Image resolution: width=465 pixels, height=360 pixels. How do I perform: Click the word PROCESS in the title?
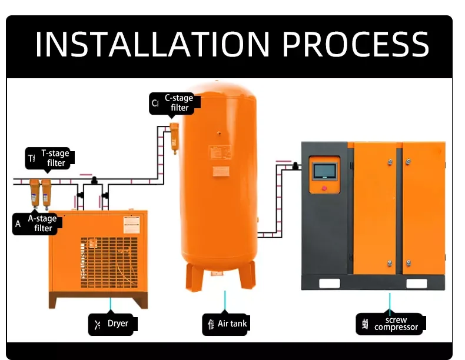tap(356, 44)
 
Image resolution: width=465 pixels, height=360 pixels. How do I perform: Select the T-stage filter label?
tap(55, 158)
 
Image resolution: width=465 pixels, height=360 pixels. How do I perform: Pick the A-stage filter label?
tap(43, 223)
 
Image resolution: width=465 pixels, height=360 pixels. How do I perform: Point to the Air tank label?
tap(232, 324)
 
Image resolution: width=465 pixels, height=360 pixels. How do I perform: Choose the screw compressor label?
tap(396, 324)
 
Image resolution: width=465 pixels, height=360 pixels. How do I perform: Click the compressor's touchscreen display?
tap(324, 171)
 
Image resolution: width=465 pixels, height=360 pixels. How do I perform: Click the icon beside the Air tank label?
tap(210, 324)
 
